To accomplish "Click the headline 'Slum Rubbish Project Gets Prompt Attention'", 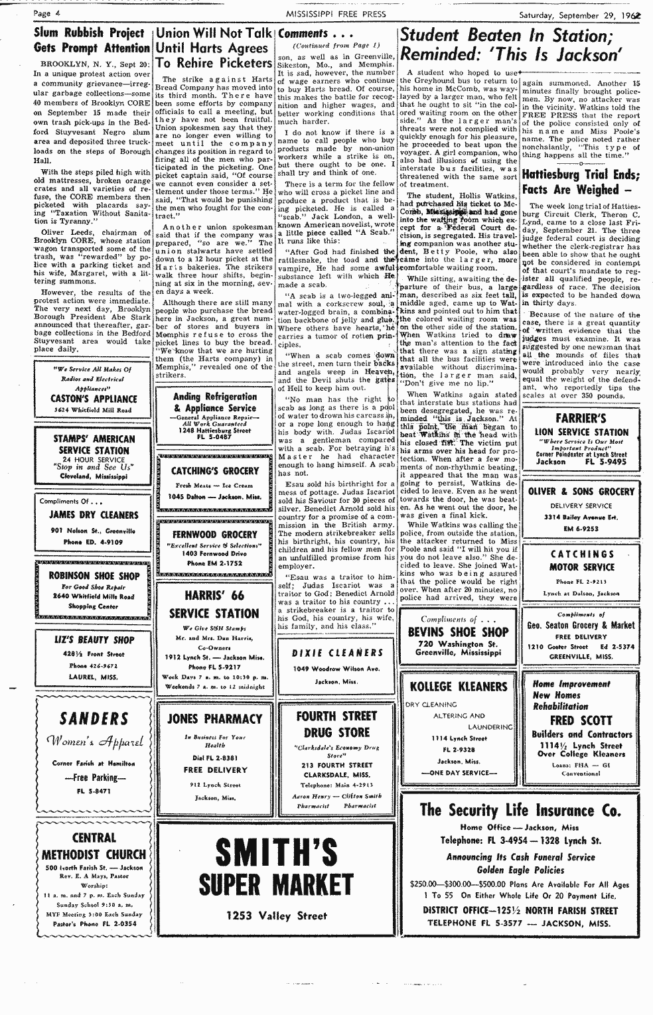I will pos(92,40).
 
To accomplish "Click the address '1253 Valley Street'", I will pos(277,916).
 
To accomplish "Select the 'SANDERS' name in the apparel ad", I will pos(94,719).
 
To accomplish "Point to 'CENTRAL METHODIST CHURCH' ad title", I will pos(94,846).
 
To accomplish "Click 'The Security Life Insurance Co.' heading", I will pos(521,810).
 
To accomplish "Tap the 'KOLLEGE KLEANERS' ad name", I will pos(458,686).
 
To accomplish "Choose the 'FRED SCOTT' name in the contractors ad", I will pos(581,721).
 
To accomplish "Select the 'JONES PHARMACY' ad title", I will pos(214,718).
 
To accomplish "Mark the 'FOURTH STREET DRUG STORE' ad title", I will pos(336,724).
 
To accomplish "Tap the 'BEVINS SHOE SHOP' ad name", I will pos(458,632).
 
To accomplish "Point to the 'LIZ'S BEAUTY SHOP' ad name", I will pos(94,640).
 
